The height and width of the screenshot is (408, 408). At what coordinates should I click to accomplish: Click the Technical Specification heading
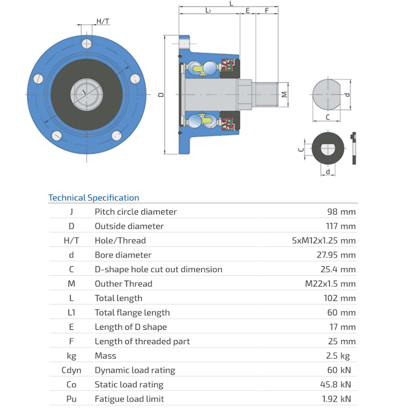94,198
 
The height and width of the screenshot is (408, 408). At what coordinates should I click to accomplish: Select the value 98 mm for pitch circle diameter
341,211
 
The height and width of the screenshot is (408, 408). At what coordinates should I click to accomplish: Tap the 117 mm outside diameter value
341,226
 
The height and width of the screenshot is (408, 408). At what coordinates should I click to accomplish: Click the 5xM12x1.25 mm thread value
323,240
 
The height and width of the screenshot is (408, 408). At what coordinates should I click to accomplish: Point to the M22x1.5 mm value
330,284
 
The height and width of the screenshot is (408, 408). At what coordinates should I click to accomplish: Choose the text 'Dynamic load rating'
134,370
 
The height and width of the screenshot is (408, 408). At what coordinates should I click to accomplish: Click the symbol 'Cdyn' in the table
71,370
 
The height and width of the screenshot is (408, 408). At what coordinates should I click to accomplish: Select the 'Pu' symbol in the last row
71,399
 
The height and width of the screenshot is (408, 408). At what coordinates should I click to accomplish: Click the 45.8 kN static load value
338,384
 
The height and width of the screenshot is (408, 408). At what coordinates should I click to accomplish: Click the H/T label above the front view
103,21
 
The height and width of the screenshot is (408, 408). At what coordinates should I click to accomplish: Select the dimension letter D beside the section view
161,94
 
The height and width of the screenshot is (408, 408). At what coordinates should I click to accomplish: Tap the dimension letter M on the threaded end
284,94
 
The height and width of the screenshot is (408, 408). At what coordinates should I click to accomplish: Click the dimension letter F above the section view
267,11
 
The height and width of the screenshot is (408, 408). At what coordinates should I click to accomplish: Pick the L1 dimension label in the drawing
208,11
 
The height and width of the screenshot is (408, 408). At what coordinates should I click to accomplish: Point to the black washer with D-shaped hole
327,148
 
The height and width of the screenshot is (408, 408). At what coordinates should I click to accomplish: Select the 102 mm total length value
341,298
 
